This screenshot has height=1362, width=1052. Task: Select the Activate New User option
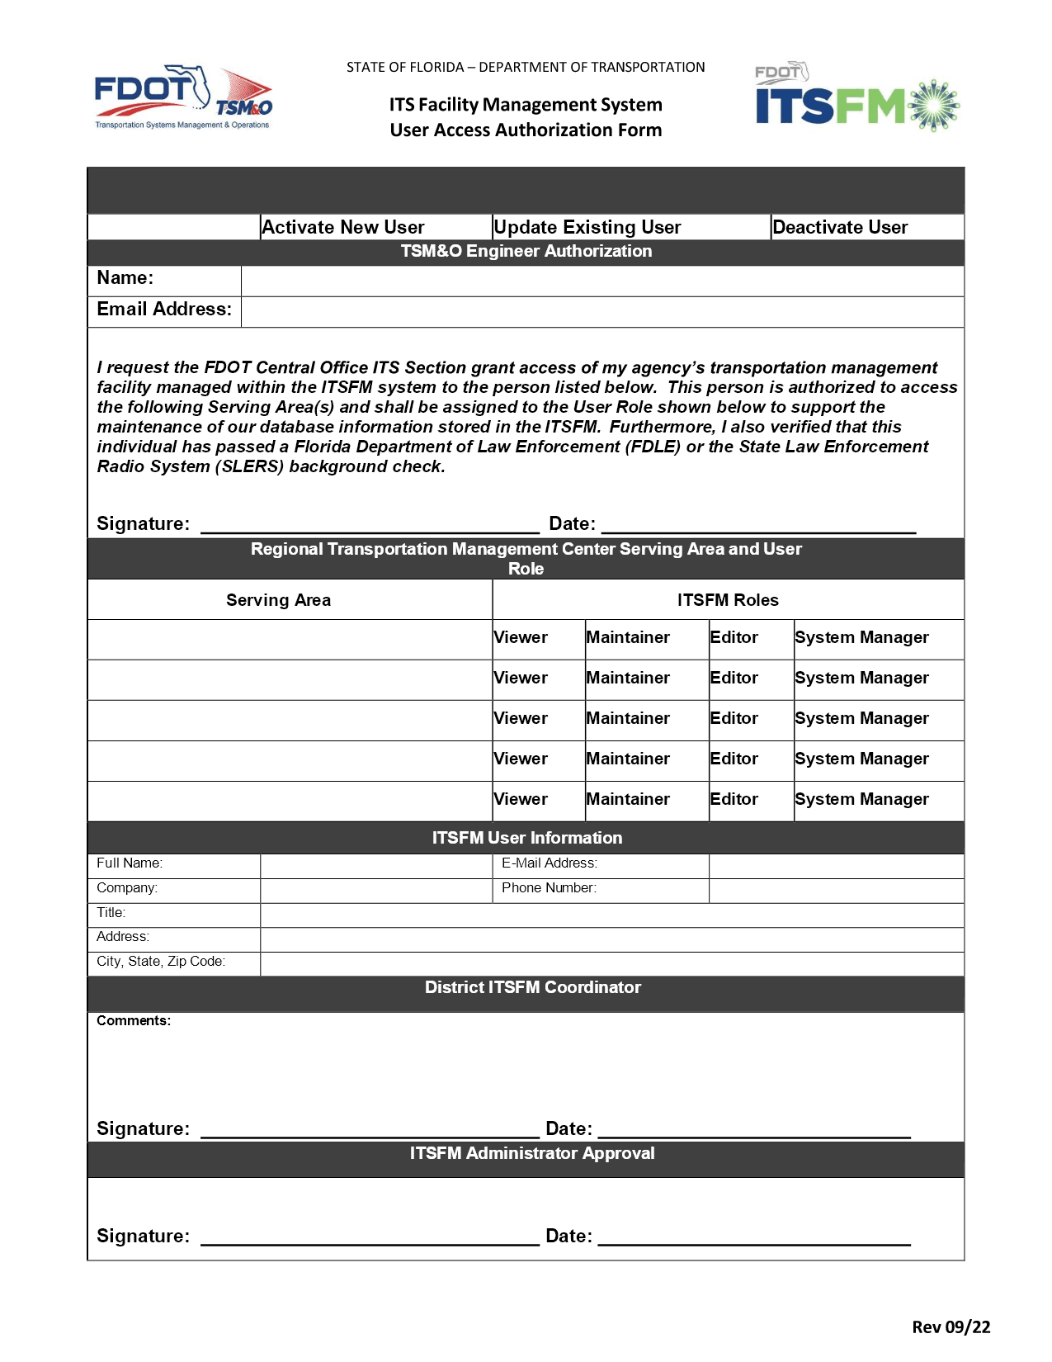(x=342, y=227)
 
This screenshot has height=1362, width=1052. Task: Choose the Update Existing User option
(x=587, y=227)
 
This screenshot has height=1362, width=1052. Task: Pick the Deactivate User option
(x=839, y=227)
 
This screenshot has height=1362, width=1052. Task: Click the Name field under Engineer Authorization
(x=601, y=281)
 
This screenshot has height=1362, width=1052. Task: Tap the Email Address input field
(x=601, y=312)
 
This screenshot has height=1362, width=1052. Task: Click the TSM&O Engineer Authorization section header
(x=526, y=251)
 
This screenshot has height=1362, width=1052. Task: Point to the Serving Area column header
(x=278, y=600)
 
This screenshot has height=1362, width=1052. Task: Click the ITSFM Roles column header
(x=727, y=600)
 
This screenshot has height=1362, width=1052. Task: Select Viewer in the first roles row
(x=521, y=637)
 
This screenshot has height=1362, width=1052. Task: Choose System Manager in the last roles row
(x=861, y=799)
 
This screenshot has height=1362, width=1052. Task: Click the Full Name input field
(x=375, y=866)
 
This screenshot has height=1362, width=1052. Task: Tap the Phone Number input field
(x=836, y=891)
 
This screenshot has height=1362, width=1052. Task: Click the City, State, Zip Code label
(x=161, y=962)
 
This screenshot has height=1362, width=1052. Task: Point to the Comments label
(x=134, y=1021)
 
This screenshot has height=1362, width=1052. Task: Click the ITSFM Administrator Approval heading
(x=532, y=1153)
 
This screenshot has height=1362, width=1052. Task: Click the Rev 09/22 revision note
(x=951, y=1327)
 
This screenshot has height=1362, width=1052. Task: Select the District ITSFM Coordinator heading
(x=532, y=987)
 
